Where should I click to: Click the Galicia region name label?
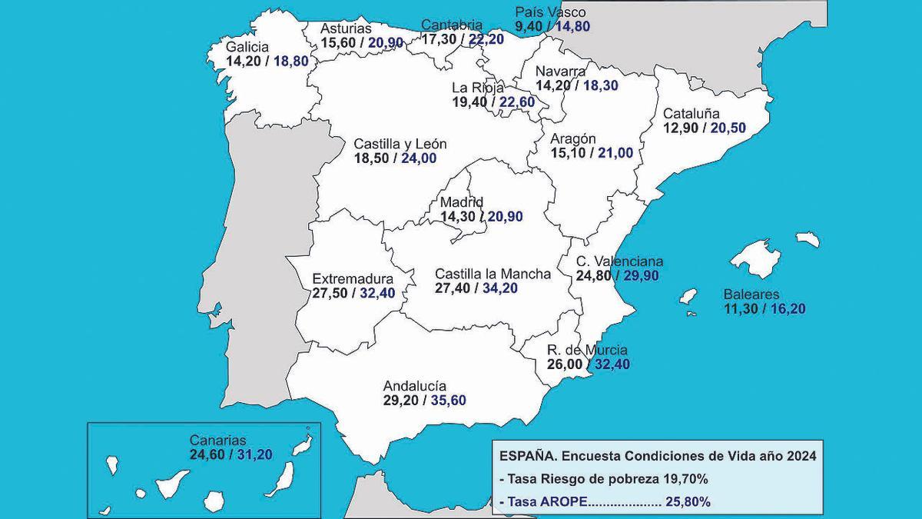(x=247, y=47)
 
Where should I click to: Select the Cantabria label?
(x=452, y=25)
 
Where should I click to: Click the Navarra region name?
(x=562, y=72)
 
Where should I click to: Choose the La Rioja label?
(x=478, y=87)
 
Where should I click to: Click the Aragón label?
(x=573, y=138)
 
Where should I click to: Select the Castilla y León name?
(x=400, y=144)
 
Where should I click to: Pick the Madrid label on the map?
(x=461, y=202)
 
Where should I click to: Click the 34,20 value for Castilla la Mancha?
(x=499, y=288)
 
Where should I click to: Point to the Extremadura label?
(x=353, y=279)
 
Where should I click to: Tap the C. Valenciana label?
(x=619, y=261)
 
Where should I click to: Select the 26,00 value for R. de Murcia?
(x=564, y=364)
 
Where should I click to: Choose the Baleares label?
(x=751, y=294)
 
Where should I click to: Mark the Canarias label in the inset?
(x=218, y=441)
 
